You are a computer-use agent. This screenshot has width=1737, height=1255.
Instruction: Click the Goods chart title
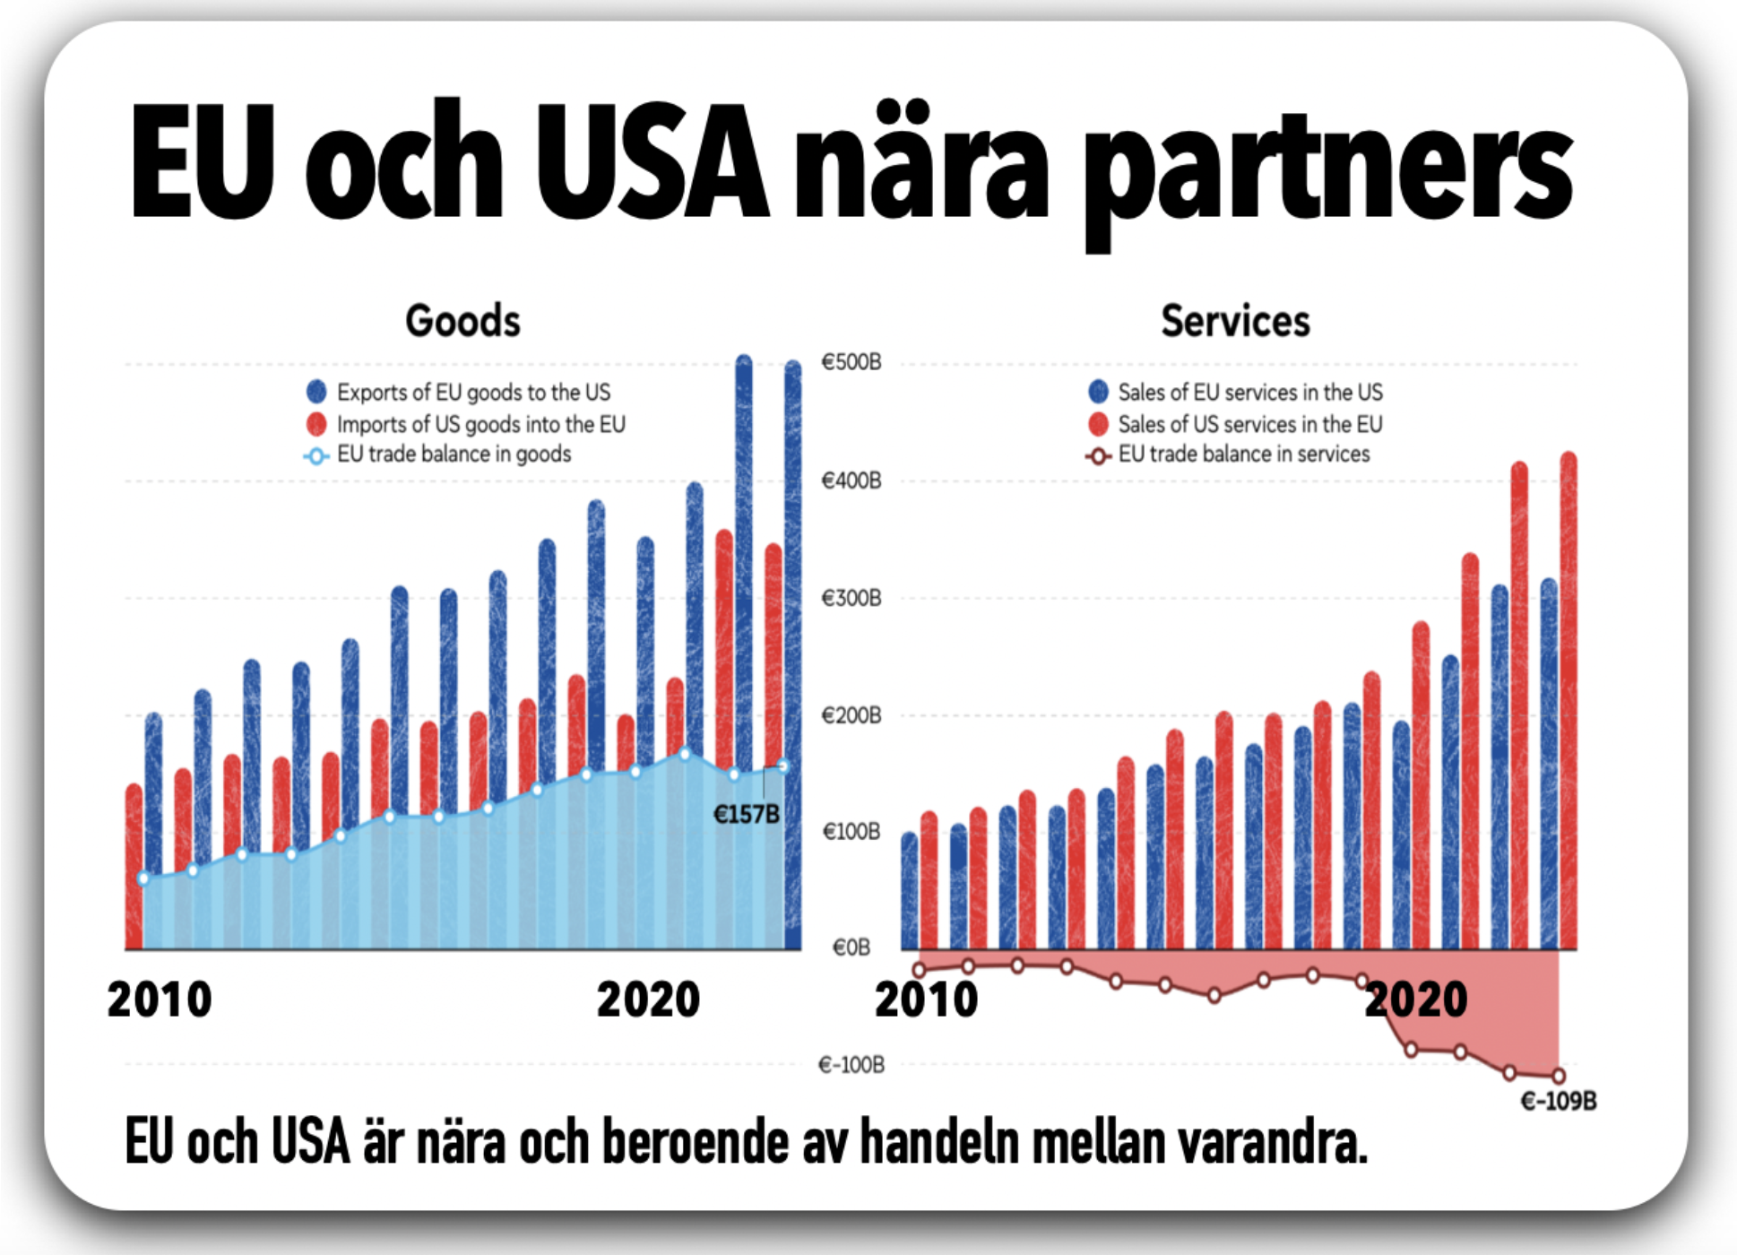[462, 321]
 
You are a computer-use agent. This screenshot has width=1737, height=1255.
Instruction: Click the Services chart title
[1235, 321]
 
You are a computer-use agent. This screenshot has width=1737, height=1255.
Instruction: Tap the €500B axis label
[851, 362]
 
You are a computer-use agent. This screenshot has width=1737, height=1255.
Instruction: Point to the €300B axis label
[851, 598]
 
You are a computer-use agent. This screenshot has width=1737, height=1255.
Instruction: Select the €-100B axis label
[851, 1065]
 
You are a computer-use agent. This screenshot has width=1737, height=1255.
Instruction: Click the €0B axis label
[851, 948]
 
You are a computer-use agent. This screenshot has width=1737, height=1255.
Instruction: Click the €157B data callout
[746, 814]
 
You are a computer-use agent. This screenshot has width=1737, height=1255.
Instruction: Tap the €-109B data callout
[1559, 1101]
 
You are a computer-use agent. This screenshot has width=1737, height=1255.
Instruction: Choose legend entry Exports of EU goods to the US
[473, 393]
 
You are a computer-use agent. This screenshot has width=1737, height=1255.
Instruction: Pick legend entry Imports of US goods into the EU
[480, 424]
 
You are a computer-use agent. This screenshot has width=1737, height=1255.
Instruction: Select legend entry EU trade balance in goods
[454, 454]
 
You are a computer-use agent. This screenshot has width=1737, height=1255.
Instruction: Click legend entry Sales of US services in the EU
[1249, 424]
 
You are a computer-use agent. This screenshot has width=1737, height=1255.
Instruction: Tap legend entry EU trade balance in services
[1243, 454]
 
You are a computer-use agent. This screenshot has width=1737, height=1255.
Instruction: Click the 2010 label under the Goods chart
[160, 1000]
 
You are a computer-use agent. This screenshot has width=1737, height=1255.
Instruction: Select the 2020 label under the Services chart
[1416, 1000]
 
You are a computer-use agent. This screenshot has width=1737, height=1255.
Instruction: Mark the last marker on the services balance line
[1559, 1076]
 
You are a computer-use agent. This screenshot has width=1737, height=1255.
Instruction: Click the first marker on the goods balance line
[143, 878]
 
